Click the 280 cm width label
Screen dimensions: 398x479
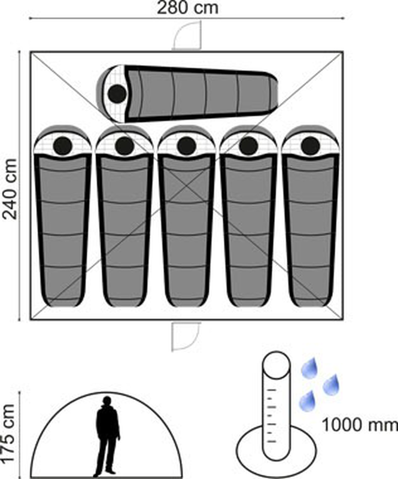click(187, 8)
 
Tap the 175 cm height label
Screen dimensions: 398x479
click(8, 433)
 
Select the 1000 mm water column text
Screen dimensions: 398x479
click(360, 425)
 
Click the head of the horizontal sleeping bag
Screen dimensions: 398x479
click(117, 93)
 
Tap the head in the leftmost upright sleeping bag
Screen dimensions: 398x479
click(63, 145)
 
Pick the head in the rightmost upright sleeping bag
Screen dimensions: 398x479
click(311, 145)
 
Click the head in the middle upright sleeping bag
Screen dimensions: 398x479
click(186, 145)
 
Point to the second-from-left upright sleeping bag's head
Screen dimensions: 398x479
click(124, 145)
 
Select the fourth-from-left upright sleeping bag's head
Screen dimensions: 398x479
click(248, 145)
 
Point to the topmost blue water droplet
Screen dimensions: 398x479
click(309, 369)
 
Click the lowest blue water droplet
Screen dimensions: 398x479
click(308, 401)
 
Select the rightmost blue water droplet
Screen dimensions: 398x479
click(331, 384)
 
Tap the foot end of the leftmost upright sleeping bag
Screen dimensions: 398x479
click(62, 301)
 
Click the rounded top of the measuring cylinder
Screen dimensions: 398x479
click(276, 365)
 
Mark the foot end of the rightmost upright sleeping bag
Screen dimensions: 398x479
click(311, 301)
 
